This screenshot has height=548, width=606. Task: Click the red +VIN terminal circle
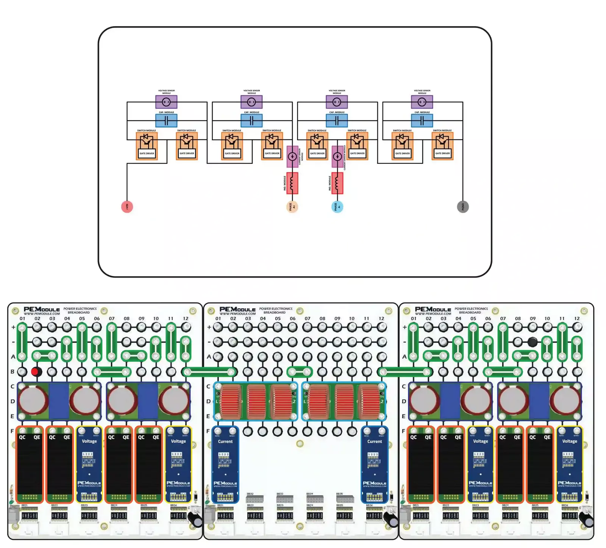127,207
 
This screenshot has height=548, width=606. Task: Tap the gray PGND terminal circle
463,207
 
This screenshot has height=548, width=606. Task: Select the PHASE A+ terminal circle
292,207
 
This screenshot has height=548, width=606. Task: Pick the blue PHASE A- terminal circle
337,207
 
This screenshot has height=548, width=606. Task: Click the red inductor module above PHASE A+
292,183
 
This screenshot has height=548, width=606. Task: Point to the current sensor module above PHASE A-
337,156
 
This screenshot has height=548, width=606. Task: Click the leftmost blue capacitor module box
166,121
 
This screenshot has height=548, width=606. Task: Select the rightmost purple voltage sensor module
422,102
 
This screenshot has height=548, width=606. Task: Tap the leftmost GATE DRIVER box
147,154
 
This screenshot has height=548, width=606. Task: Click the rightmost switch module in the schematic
442,146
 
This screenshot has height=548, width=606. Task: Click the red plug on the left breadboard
35,372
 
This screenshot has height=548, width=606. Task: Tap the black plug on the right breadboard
532,342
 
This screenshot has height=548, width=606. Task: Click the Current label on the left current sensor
225,442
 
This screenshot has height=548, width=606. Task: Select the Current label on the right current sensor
375,442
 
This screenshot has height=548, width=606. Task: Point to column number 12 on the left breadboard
186,319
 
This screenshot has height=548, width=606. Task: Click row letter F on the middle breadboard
208,431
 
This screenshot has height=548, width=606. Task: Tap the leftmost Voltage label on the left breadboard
89,441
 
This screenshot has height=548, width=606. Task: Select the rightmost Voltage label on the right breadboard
570,441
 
